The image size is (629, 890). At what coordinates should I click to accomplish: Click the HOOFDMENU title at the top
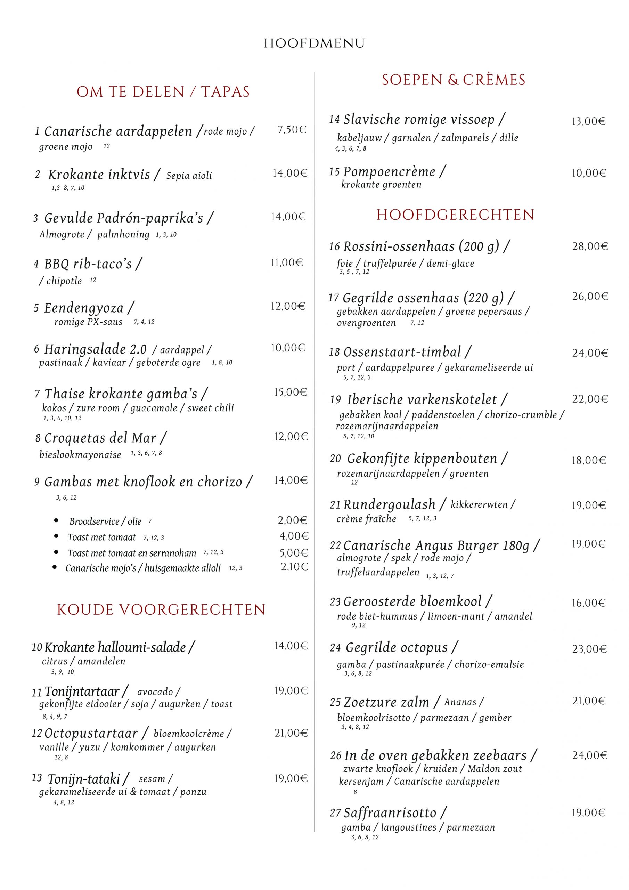click(x=314, y=43)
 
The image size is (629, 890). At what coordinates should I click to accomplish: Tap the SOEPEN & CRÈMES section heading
click(x=454, y=80)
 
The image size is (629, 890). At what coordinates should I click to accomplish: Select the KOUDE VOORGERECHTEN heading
click(x=161, y=610)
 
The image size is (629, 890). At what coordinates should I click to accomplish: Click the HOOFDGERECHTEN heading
click(x=455, y=215)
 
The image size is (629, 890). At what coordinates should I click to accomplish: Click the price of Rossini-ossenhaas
click(x=590, y=246)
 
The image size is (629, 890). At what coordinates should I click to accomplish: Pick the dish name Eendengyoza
click(x=84, y=308)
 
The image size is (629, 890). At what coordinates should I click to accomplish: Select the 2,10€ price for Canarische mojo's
click(x=294, y=567)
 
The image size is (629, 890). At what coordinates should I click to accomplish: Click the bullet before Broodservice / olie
click(x=57, y=520)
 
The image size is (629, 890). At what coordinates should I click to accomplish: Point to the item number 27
click(x=335, y=813)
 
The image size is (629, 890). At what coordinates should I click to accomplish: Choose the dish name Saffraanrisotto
click(x=390, y=812)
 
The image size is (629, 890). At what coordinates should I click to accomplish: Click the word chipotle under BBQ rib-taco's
click(x=64, y=281)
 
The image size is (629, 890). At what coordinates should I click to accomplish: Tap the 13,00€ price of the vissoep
click(x=588, y=121)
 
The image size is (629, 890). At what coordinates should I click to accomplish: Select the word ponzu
click(x=193, y=792)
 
